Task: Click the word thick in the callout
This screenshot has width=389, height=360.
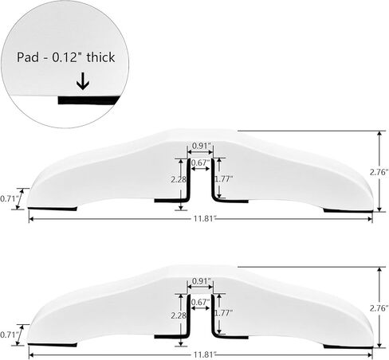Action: pos(100,57)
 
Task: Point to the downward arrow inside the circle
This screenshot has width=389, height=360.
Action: pos(83,81)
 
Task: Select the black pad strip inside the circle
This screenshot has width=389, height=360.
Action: pos(88,100)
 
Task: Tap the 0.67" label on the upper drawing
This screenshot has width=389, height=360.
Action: pos(200,162)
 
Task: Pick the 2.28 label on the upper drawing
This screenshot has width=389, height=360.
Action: pos(179,179)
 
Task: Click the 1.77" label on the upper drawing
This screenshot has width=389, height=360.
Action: pos(224,179)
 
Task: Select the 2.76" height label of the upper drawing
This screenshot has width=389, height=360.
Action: pos(379,172)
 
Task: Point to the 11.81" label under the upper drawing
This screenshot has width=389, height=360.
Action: pos(205,219)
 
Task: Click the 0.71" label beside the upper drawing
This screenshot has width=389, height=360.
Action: pos(10,198)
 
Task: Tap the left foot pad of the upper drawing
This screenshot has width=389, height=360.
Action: pos(53,209)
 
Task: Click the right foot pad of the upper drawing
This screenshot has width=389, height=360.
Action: pos(348,211)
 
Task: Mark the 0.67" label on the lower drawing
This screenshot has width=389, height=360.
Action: pos(200,302)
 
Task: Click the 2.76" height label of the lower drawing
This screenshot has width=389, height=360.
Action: pos(379,308)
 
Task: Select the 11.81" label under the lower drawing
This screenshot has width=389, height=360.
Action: pos(205,354)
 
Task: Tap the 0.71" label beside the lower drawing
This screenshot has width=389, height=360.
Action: pos(10,335)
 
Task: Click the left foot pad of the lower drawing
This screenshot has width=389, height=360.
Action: pos(53,345)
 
